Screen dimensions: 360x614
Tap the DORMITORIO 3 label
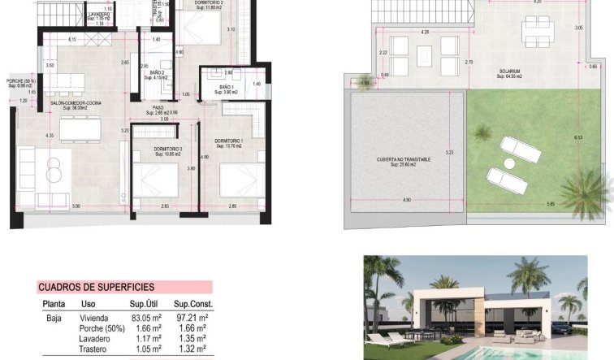(168, 150)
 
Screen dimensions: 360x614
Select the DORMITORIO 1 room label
(229, 141)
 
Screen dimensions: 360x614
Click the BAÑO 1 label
(227, 87)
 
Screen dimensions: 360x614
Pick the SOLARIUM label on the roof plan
(510, 70)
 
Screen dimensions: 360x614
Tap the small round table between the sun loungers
(511, 163)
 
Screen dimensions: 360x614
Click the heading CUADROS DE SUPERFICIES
(96, 287)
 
